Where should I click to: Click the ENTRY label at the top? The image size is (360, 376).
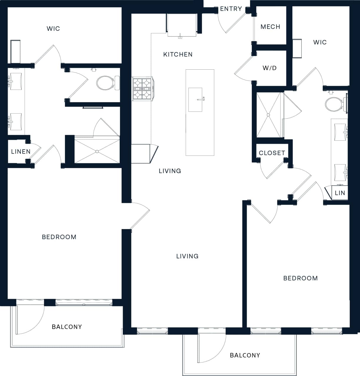click(231, 9)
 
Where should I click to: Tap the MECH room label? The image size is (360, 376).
click(270, 27)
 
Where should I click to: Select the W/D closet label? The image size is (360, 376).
click(269, 68)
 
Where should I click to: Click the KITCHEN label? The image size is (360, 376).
click(178, 54)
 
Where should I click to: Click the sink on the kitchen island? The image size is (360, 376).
click(196, 100)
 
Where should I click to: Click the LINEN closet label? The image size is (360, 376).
click(21, 152)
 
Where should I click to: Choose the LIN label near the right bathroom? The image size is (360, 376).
click(340, 193)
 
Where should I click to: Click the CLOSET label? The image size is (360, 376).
click(272, 153)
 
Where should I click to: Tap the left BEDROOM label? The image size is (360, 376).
click(59, 237)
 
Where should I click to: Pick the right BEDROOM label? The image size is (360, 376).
click(300, 278)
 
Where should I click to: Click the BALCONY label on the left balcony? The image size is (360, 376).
click(67, 327)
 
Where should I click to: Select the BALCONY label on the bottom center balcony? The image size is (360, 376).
click(245, 355)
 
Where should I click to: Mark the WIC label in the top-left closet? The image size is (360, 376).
click(53, 28)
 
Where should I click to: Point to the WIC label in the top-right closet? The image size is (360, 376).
click(320, 42)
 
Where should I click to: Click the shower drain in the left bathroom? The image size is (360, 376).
click(97, 151)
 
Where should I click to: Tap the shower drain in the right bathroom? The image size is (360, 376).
click(268, 115)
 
